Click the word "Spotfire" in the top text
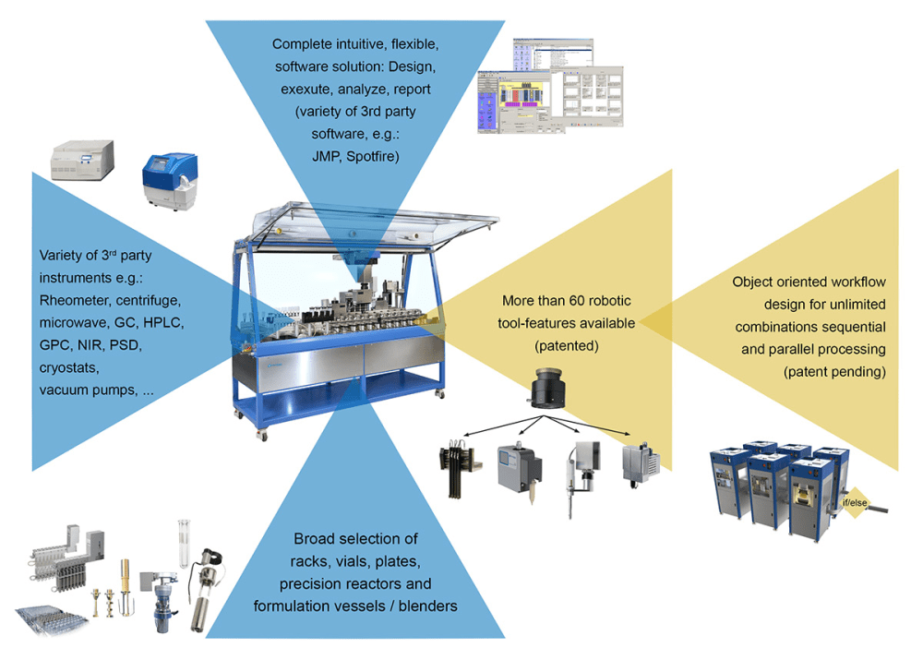[x=367, y=157]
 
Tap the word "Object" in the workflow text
[x=754, y=282]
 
